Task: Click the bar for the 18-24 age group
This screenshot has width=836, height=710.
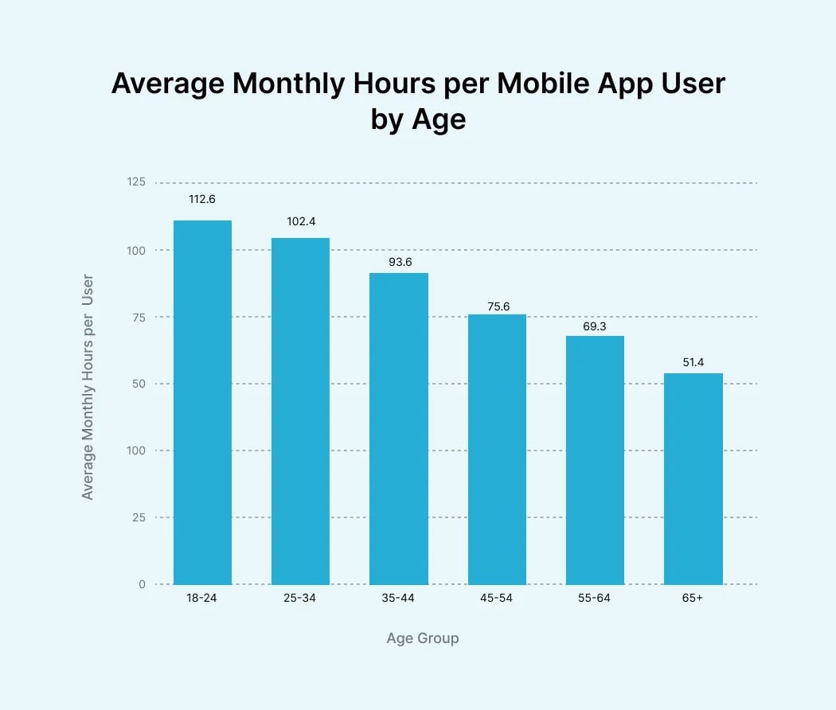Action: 202,402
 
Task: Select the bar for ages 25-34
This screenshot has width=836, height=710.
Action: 300,411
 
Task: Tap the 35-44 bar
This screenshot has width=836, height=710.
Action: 398,428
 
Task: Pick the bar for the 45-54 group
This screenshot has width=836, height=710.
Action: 497,449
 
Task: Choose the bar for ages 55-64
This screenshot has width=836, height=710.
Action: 595,460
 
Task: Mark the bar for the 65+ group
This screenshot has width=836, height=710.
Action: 693,478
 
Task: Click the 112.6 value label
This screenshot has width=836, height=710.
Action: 203,200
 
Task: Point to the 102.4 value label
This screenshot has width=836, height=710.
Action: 301,221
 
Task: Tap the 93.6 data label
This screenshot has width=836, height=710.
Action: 399,261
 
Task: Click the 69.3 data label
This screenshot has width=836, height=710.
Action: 596,326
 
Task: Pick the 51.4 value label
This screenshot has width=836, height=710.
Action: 693,362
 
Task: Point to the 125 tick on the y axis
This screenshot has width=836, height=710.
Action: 136,182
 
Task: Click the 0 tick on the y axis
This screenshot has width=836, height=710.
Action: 142,584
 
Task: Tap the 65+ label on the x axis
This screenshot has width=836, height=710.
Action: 693,598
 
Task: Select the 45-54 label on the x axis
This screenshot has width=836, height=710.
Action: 497,598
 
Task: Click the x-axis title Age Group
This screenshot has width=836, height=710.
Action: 422,638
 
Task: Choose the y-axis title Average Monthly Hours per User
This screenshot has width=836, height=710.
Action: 88,387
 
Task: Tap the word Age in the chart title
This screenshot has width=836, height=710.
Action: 438,119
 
